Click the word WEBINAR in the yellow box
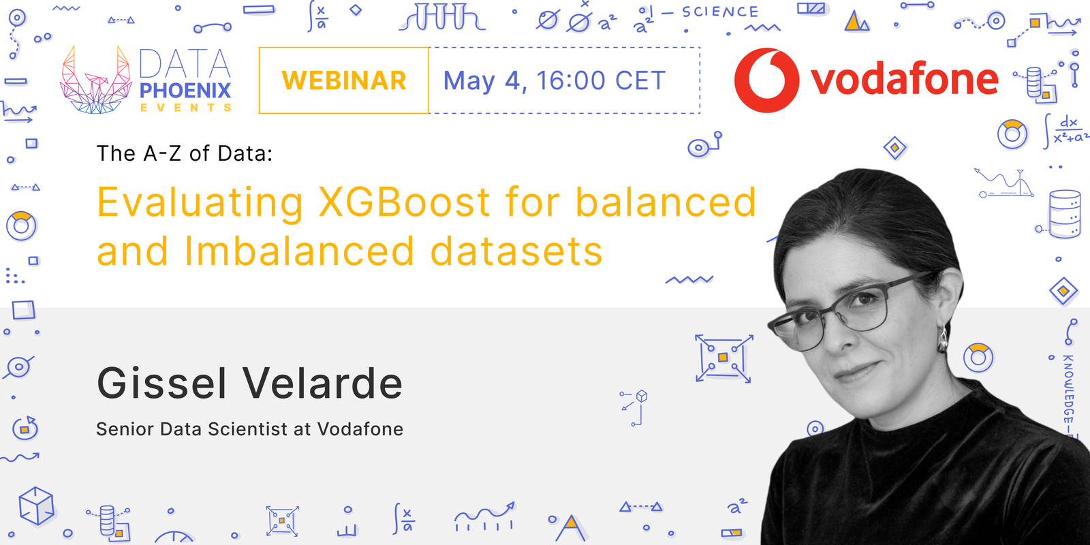coord(344,80)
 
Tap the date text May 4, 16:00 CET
coord(555,81)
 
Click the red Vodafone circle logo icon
coord(766,80)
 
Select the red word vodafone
coord(905,80)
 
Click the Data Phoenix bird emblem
coord(95,80)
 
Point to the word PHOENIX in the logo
coord(185,91)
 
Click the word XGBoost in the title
coord(404,202)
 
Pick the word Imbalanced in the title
coord(299,251)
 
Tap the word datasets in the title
coord(516,251)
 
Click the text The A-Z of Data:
coord(184,154)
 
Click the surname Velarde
coord(323,384)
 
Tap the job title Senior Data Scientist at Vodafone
coord(249,429)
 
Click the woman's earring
coord(944,337)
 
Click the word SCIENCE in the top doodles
coord(720,12)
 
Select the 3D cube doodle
coord(36,505)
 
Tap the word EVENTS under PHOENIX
coord(185,108)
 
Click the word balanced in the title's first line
coord(666,202)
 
